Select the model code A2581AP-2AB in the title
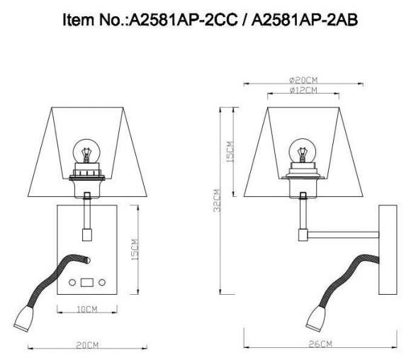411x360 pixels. point(301,22)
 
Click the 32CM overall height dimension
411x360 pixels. point(216,200)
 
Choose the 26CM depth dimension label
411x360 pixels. point(320,344)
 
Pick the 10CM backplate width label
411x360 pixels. point(86,309)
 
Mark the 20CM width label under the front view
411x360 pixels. point(86,344)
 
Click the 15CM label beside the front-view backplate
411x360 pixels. point(135,247)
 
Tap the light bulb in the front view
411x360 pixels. point(86,153)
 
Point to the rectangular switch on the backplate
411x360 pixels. point(86,282)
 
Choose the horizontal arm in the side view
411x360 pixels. point(343,232)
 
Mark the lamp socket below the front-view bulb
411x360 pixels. point(86,180)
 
